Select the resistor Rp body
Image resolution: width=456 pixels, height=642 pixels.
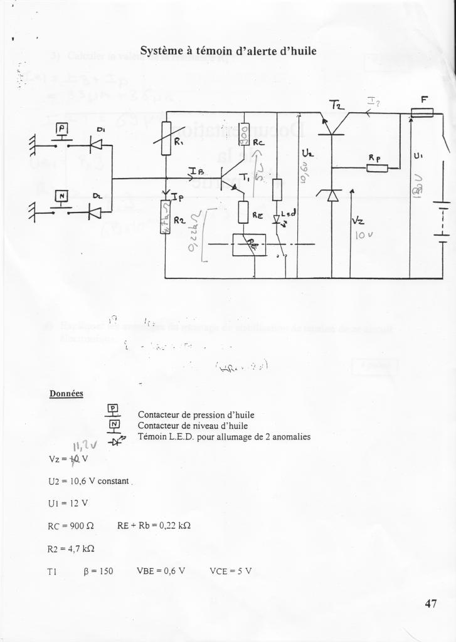click(x=377, y=167)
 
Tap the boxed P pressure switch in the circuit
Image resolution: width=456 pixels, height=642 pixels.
click(x=62, y=130)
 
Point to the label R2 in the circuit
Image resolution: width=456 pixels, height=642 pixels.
click(x=178, y=219)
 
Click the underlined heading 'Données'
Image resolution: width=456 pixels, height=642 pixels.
click(x=66, y=394)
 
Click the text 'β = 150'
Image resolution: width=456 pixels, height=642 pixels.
click(x=98, y=571)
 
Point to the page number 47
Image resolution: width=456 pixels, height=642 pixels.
click(x=430, y=604)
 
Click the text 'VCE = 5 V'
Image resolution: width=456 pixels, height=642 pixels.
click(x=230, y=571)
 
